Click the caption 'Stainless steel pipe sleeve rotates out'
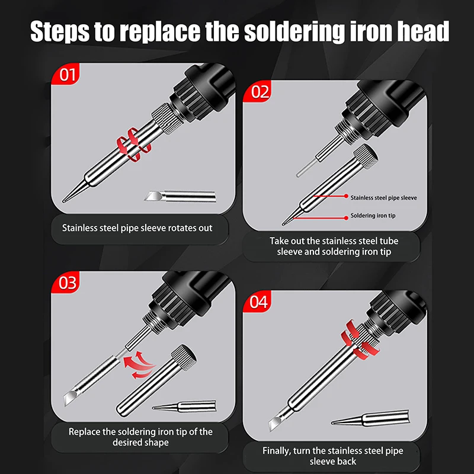(x=137, y=228)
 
